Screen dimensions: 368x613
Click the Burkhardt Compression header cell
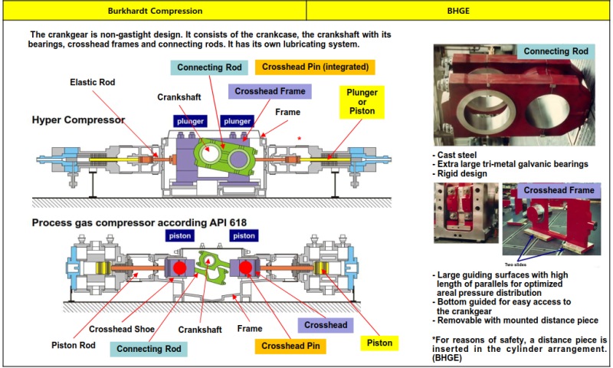(153, 11)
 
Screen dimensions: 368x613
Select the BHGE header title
(458, 11)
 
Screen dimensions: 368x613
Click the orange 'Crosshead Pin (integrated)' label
(315, 67)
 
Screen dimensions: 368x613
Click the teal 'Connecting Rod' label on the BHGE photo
(556, 51)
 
